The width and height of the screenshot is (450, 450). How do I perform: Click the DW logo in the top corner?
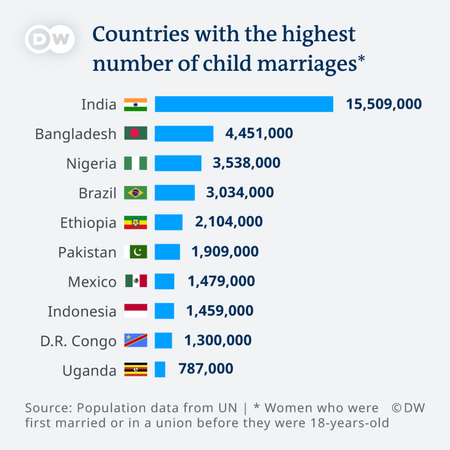(50, 40)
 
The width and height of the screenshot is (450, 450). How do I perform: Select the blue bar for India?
(244, 104)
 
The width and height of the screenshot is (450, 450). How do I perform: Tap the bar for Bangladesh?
(184, 134)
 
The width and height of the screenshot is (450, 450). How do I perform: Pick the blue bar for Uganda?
(160, 370)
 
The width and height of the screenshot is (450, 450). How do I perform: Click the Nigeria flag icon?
(135, 163)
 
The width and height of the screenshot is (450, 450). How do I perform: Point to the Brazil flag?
(135, 193)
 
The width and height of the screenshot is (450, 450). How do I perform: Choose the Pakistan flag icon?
(135, 252)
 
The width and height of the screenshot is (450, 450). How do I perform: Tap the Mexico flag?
(135, 281)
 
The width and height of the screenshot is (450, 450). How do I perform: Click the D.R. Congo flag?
(135, 341)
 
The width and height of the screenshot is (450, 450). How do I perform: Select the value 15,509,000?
(384, 104)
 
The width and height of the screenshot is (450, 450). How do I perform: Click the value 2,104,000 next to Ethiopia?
(229, 221)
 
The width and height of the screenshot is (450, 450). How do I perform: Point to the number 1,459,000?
(220, 311)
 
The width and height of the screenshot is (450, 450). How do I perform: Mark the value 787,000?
(206, 369)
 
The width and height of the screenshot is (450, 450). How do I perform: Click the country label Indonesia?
(82, 312)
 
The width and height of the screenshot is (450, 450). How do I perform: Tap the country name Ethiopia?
(88, 223)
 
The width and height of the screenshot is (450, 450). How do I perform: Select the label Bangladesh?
(76, 134)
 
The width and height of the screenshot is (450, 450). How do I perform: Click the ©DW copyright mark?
(408, 408)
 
